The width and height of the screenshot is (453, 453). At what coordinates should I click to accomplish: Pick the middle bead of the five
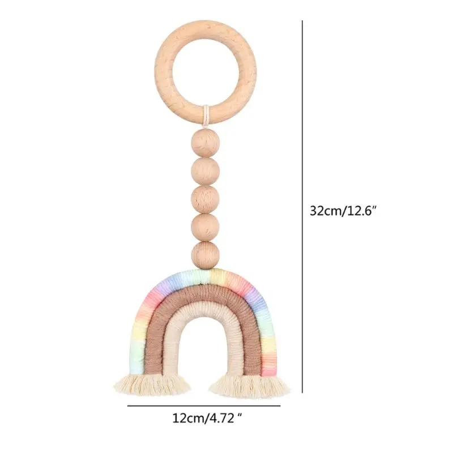click(205, 198)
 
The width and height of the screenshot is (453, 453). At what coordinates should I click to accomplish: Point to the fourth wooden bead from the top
click(205, 226)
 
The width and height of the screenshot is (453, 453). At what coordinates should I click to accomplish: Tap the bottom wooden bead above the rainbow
click(205, 254)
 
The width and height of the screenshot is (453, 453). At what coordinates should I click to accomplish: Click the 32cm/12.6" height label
click(343, 210)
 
